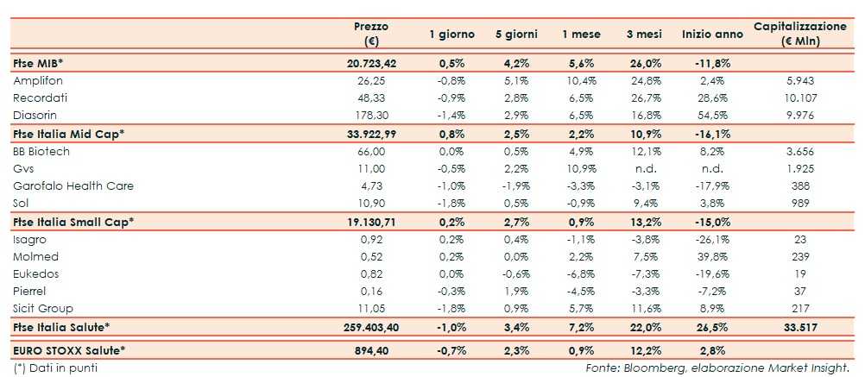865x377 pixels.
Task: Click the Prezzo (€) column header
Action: pyautogui.click(x=371, y=34)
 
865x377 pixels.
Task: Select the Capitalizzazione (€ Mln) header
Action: pyautogui.click(x=799, y=34)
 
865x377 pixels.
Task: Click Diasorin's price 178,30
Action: pyautogui.click(x=371, y=115)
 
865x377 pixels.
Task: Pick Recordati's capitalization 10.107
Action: pyautogui.click(x=799, y=97)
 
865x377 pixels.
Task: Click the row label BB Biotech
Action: pyautogui.click(x=41, y=151)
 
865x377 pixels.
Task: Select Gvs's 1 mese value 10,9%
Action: pyautogui.click(x=578, y=168)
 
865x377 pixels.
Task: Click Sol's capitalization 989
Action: pyautogui.click(x=799, y=204)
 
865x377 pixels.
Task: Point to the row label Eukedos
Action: pyautogui.click(x=36, y=274)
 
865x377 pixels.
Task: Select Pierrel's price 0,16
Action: pyautogui.click(x=371, y=292)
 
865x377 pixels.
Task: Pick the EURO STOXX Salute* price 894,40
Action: pyautogui.click(x=371, y=349)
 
